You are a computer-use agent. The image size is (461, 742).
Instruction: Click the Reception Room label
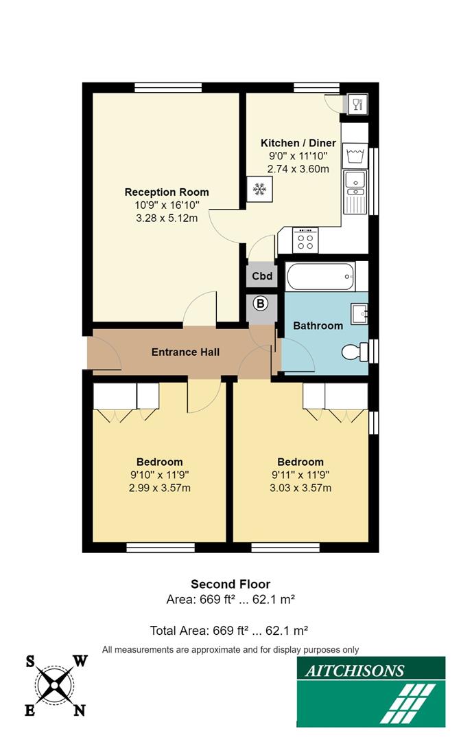tap(167, 192)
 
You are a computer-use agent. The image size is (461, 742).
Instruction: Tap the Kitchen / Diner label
tap(298, 143)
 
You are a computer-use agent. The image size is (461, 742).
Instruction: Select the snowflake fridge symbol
tap(259, 188)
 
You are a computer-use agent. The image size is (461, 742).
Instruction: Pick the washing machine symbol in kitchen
tap(355, 153)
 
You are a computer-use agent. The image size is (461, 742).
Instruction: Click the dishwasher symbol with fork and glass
tap(356, 104)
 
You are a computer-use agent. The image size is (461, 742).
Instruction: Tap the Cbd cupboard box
tap(262, 277)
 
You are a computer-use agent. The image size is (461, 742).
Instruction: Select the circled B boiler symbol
tap(261, 304)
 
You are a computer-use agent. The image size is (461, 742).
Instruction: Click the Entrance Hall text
tap(185, 352)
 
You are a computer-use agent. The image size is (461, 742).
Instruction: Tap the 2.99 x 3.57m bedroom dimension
tap(159, 488)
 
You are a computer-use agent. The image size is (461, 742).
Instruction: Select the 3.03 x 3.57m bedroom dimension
tap(300, 488)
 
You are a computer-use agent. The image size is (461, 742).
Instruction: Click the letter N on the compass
tap(80, 710)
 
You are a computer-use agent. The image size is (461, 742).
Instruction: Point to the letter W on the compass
tap(80, 662)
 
